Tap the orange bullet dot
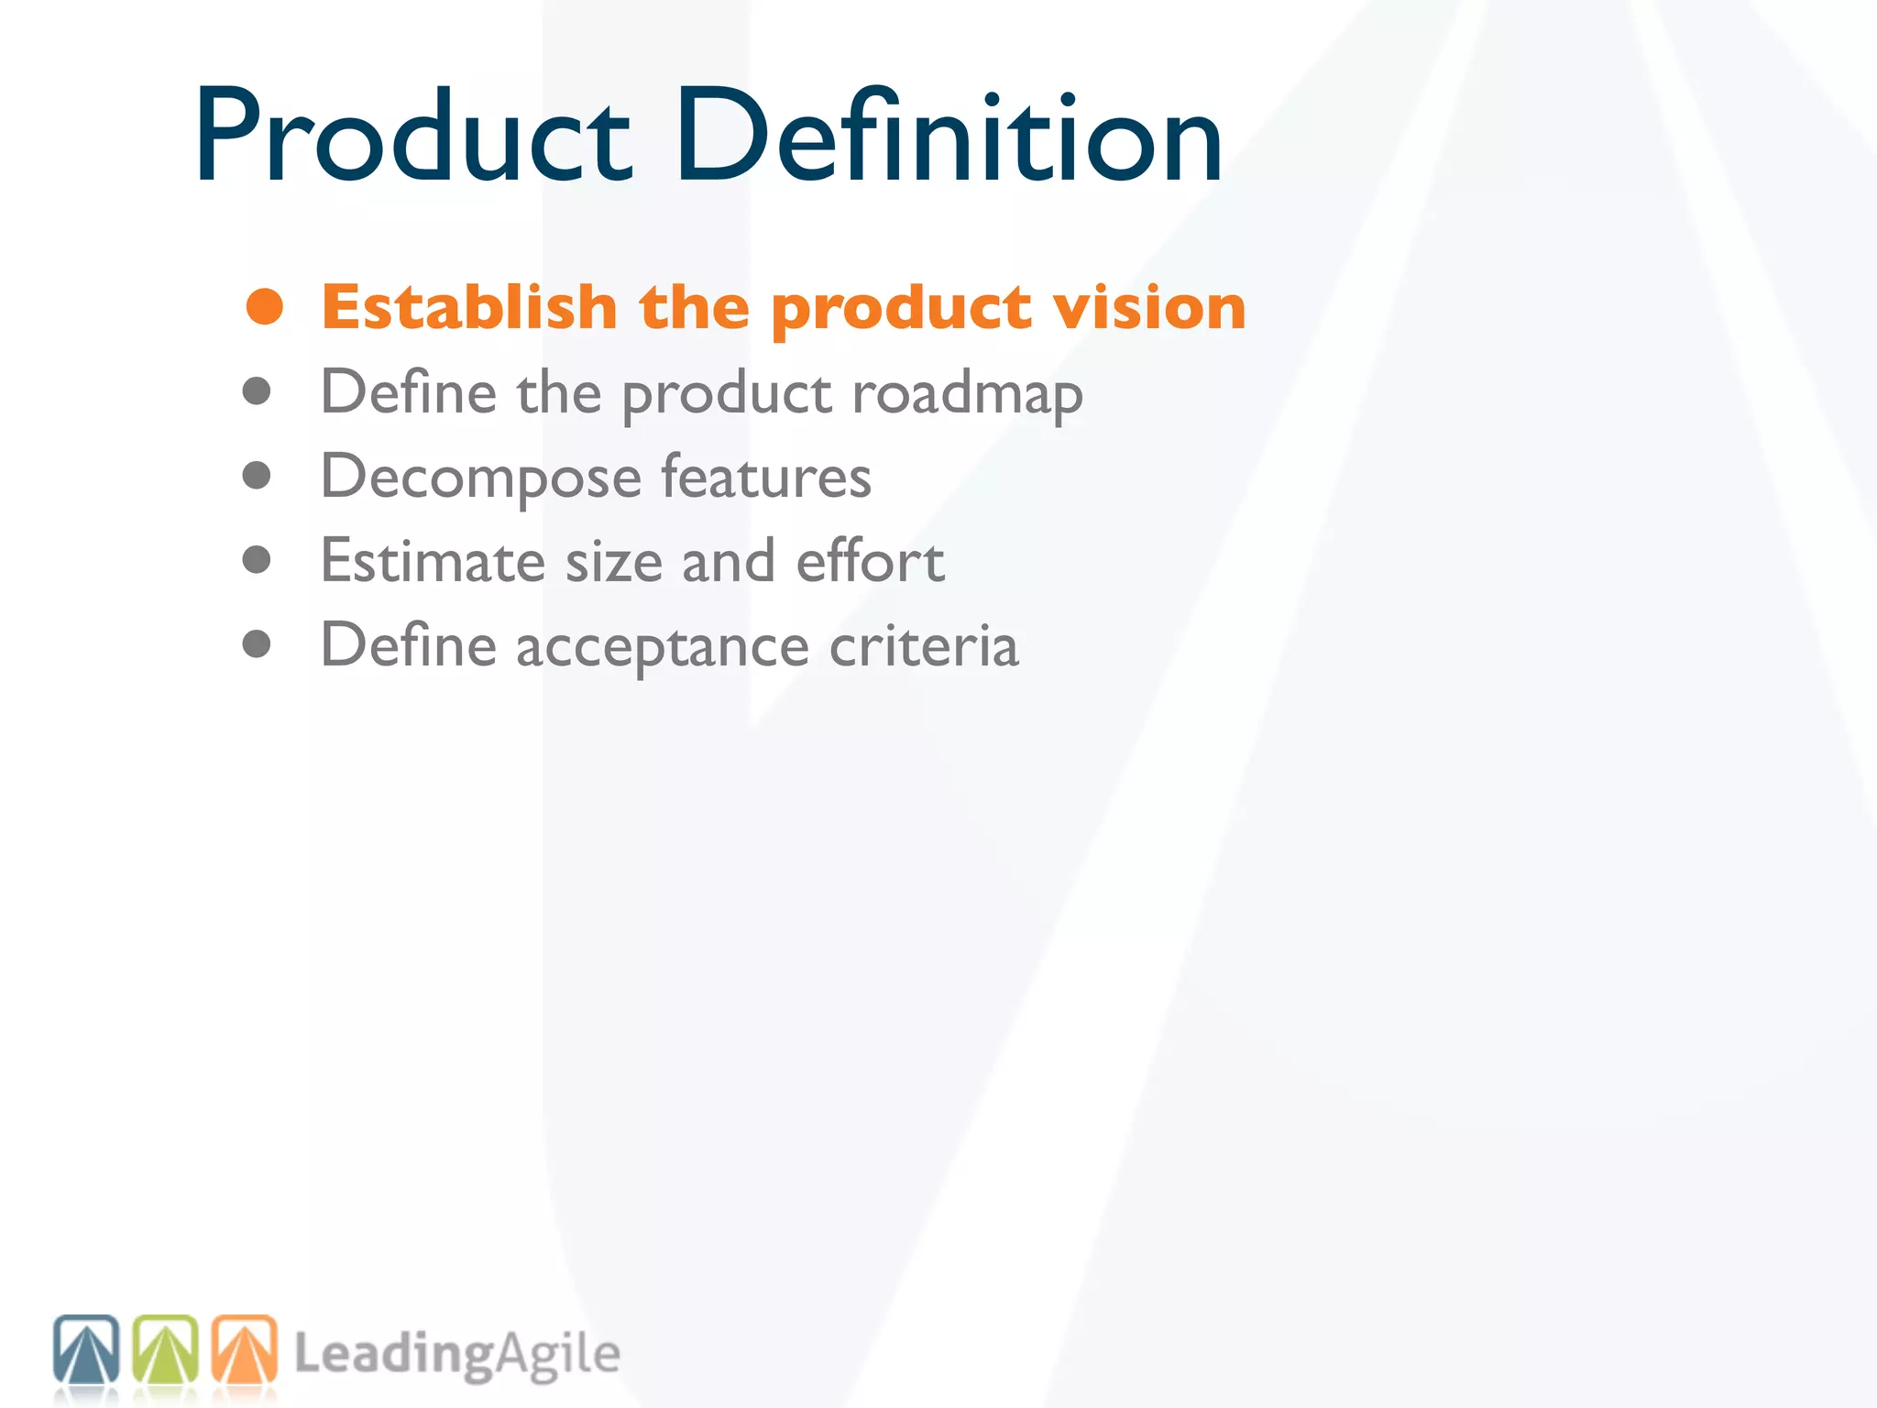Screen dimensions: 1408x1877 pos(265,306)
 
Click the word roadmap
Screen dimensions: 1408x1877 pos(967,394)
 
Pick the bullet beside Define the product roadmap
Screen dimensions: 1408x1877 pos(257,391)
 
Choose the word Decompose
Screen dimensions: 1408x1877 pos(481,478)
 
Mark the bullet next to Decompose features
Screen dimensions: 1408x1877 pos(257,476)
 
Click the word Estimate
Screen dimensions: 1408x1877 pos(433,561)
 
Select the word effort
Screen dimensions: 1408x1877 pos(870,561)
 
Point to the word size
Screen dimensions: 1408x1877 pos(613,561)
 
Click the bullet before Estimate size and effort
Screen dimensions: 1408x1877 pos(257,560)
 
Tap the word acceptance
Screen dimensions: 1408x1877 pos(663,647)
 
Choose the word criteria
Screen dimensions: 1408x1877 pos(924,645)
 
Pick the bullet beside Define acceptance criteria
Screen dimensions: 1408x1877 pos(257,644)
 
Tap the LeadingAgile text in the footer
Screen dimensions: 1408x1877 pos(456,1355)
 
